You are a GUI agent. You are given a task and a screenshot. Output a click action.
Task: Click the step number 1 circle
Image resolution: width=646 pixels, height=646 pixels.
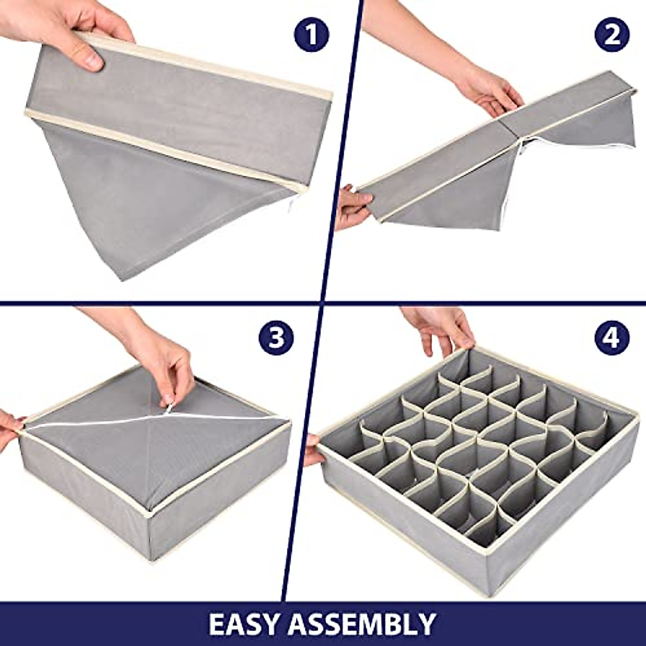[311, 34]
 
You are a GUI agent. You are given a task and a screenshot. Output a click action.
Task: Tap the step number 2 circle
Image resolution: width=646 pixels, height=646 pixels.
[612, 34]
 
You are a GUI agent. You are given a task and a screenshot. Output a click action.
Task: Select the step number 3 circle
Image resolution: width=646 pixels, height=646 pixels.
[276, 338]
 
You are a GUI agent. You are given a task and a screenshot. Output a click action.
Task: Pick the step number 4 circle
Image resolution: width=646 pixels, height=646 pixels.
[612, 338]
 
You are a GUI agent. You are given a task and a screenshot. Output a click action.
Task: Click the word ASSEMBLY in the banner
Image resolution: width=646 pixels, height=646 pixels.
[362, 623]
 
